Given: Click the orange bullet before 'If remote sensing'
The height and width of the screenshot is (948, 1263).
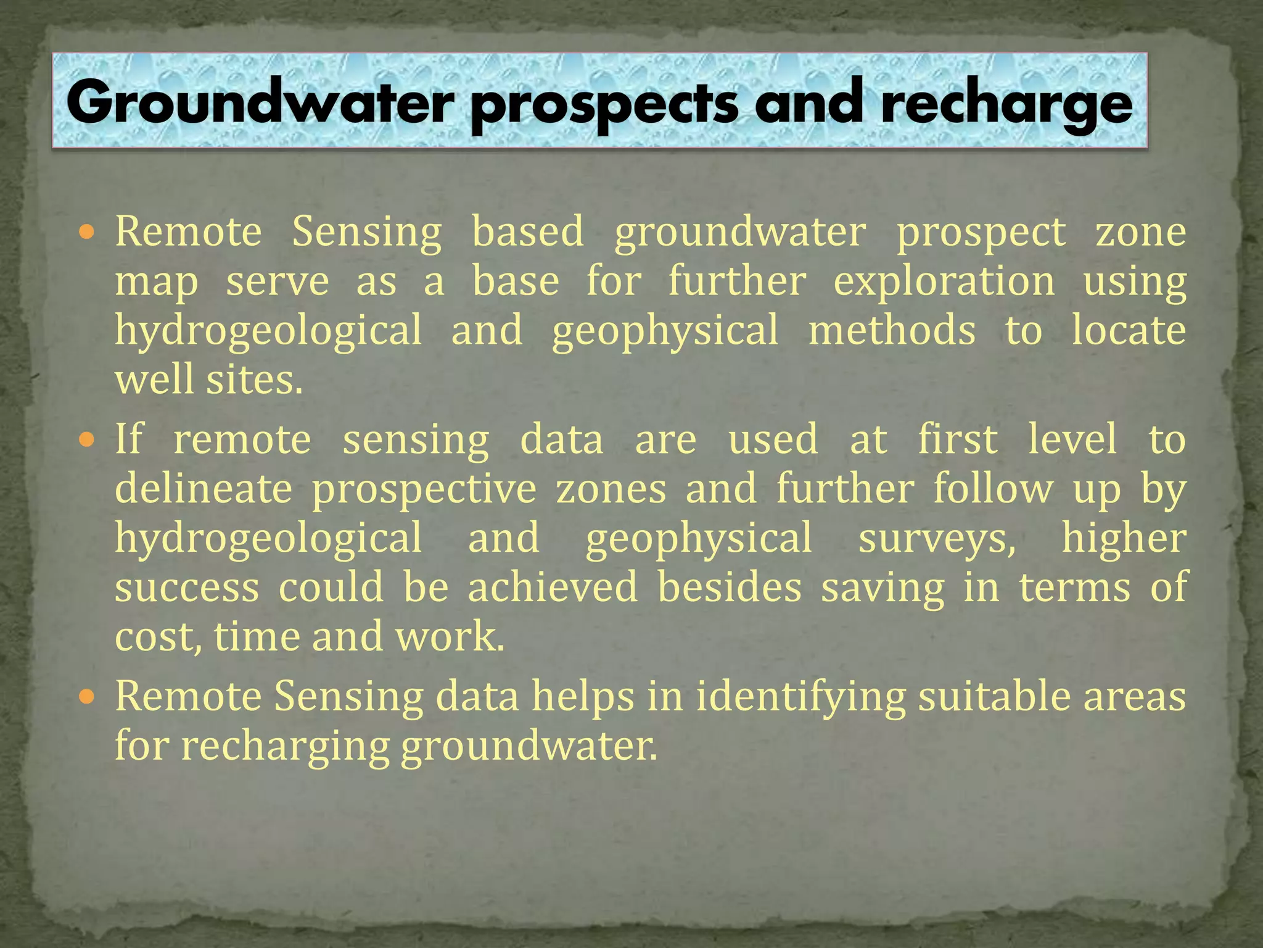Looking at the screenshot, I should coord(88,440).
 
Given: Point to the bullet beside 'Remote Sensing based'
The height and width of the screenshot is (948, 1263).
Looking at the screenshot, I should coord(88,233).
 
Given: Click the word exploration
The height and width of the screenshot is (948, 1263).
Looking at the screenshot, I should coord(944,282).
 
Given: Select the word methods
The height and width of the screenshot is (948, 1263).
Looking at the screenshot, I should coord(892,330).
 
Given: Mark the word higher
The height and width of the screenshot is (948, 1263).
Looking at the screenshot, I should coord(1124,538).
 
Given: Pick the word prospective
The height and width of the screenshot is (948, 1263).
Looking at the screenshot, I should coord(424,489).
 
